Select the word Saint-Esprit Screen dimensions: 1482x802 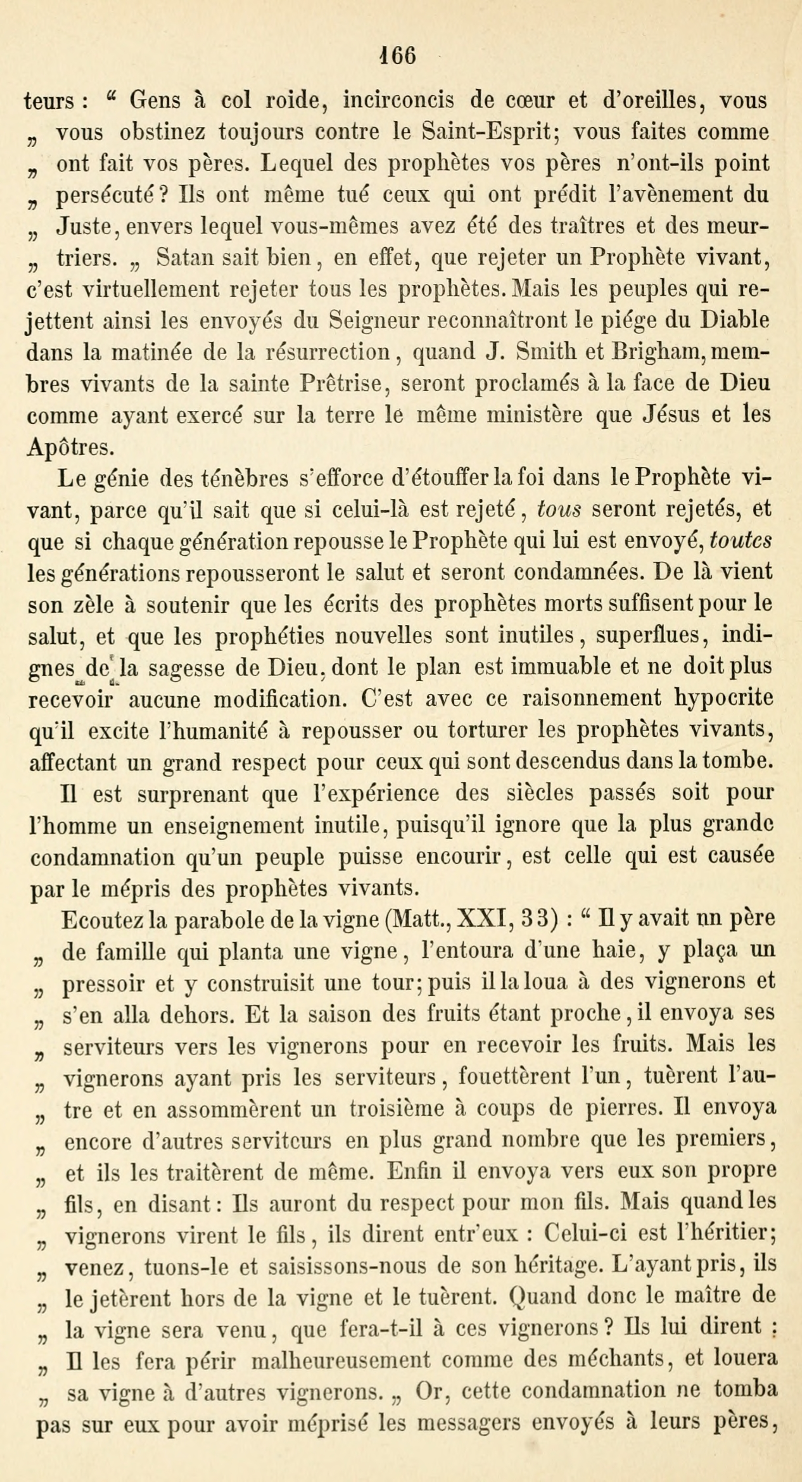(x=487, y=132)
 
